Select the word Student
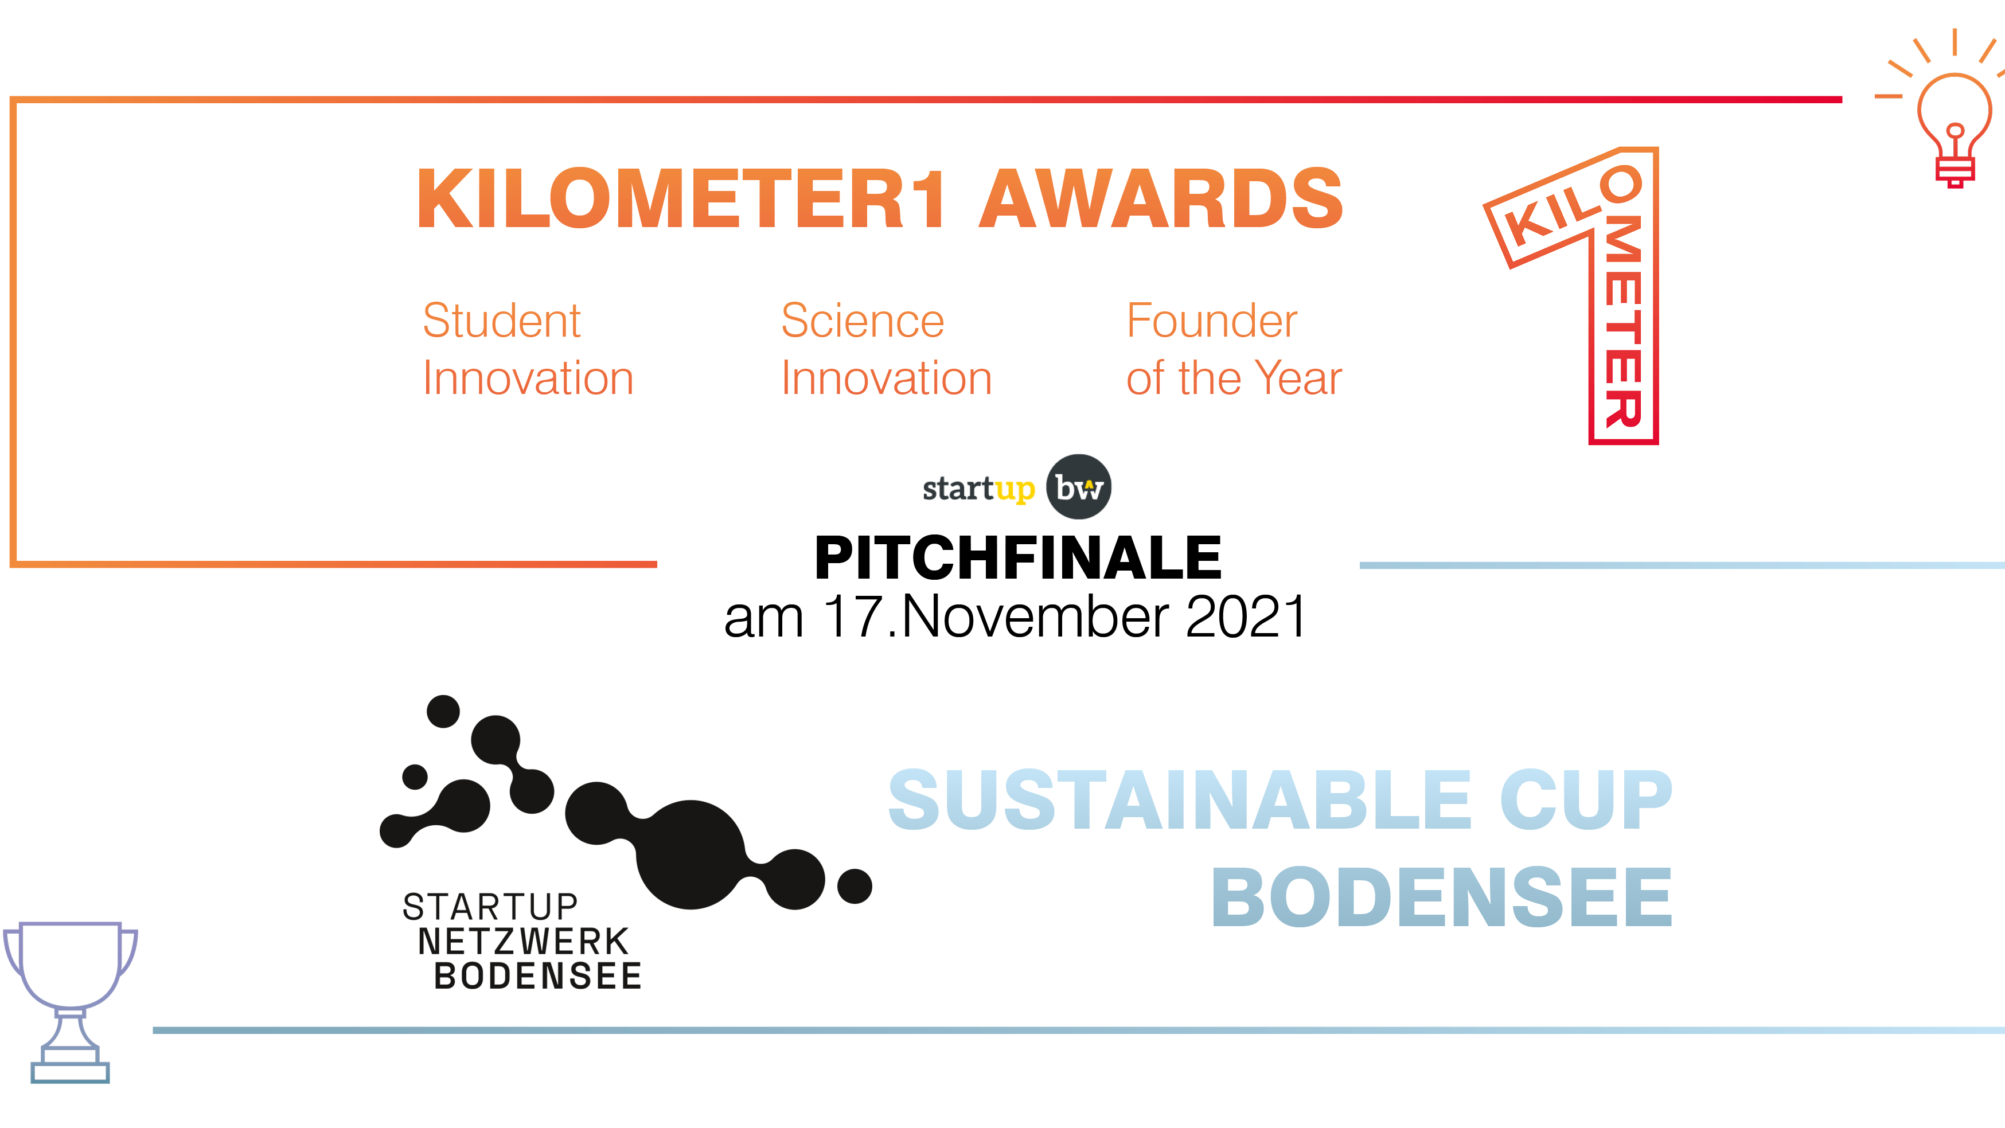pyautogui.click(x=501, y=320)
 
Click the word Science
pyautogui.click(x=863, y=320)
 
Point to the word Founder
pyautogui.click(x=1212, y=320)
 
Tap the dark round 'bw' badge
pyautogui.click(x=1079, y=486)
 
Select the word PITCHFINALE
pyautogui.click(x=1018, y=557)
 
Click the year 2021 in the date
pyautogui.click(x=1245, y=616)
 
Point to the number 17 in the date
pyautogui.click(x=854, y=616)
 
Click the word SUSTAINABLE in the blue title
pyautogui.click(x=1179, y=799)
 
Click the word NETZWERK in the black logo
pyautogui.click(x=523, y=942)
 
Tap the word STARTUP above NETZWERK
pyautogui.click(x=490, y=907)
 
